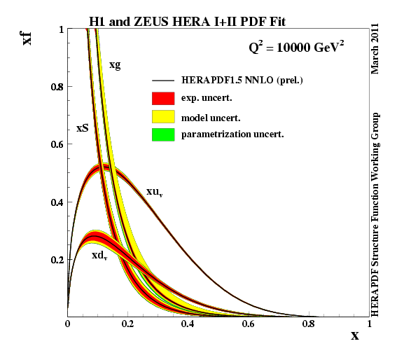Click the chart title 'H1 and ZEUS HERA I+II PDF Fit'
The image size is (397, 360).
coord(188,22)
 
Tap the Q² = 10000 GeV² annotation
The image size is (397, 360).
coord(296,47)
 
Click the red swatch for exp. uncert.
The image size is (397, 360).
coord(163,98)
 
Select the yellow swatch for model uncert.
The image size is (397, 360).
coord(163,116)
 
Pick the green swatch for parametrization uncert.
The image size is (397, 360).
coord(163,134)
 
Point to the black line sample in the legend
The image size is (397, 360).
coord(163,81)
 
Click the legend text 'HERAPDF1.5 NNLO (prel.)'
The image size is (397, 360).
coord(242,81)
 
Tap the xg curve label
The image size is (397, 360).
coord(115,65)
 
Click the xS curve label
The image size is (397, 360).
coord(83,128)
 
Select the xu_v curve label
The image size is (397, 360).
coord(155,192)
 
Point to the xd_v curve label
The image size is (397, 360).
coord(99,256)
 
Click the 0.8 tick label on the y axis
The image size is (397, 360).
coord(57,87)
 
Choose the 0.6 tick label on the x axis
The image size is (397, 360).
coord(248,324)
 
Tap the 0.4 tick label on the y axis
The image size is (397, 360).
coord(57,202)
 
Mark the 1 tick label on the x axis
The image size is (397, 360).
coord(370,324)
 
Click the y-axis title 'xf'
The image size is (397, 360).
coord(27,38)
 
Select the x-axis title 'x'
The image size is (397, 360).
coord(355,336)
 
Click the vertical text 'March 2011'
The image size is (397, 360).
coord(375,48)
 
